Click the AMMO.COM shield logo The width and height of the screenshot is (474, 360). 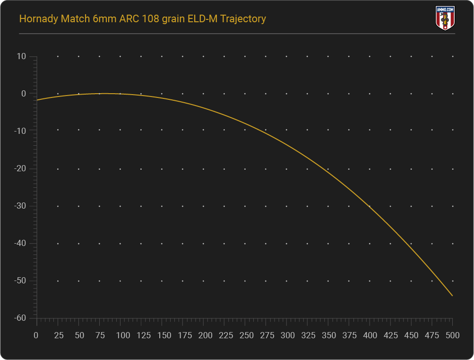444,18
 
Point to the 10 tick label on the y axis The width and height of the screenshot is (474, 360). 21,57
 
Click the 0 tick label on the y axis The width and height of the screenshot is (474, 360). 23,94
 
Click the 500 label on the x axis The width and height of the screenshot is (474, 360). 452,335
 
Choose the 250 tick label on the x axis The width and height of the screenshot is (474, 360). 244,335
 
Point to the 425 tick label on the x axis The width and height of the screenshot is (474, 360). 390,335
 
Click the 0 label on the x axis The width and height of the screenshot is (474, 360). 36,335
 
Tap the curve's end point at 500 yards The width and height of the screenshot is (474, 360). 452,296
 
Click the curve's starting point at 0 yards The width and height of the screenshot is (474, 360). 37,100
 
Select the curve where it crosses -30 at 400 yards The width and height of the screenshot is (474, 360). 370,206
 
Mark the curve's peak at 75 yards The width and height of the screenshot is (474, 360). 99,93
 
